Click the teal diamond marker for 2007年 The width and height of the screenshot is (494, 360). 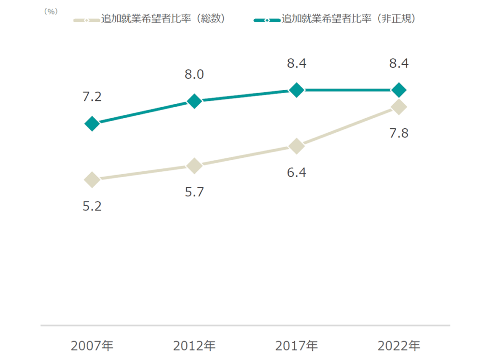click(92, 124)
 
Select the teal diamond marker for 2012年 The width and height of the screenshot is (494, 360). click(194, 101)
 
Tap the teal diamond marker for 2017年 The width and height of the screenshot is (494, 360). click(297, 90)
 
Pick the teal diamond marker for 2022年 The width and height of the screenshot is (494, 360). click(399, 90)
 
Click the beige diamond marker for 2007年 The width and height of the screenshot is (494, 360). click(92, 180)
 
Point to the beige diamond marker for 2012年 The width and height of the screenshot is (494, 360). click(194, 166)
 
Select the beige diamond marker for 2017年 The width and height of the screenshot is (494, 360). click(297, 146)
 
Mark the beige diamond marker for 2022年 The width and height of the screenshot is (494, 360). click(399, 107)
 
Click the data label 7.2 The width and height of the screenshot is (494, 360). click(92, 97)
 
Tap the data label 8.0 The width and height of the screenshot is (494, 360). click(194, 74)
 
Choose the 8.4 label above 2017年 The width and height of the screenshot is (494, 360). click(297, 63)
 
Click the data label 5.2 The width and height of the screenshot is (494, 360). click(92, 207)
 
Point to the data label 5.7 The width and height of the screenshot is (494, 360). click(194, 192)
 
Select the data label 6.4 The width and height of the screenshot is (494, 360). click(297, 172)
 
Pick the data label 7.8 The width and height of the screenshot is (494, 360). click(399, 133)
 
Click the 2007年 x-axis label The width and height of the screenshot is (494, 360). click(92, 346)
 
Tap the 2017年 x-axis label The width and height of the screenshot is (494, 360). click(297, 346)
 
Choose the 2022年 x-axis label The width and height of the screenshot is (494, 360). click(399, 346)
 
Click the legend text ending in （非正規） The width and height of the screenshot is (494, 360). click(348, 19)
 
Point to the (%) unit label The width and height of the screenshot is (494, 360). click(51, 12)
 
